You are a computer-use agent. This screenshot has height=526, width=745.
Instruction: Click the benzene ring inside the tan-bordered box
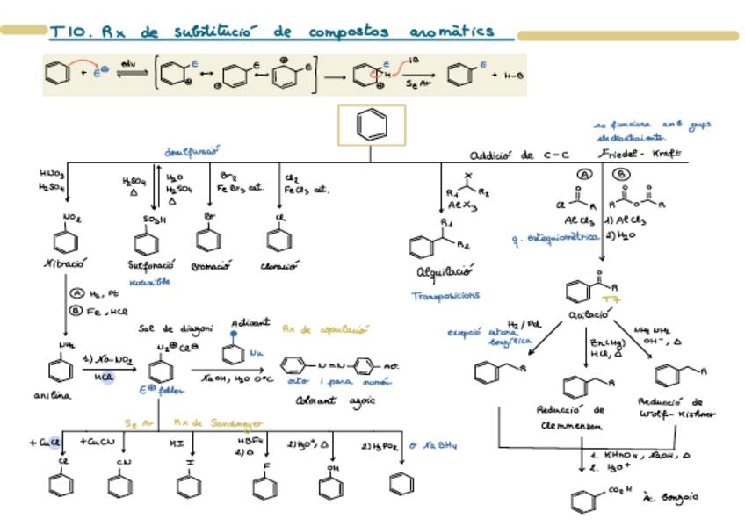tap(372, 126)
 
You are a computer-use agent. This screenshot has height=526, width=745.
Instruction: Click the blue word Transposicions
tap(445, 296)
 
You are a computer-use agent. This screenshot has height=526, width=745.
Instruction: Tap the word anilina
tap(53, 395)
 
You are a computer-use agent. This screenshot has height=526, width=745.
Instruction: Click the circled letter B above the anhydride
tap(621, 175)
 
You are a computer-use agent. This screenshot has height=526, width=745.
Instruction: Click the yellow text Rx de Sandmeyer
tap(210, 422)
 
